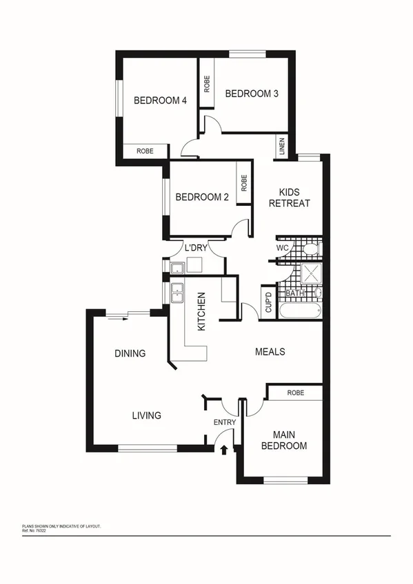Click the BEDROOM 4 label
tap(160, 101)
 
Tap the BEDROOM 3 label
tap(251, 94)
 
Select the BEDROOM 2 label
tap(201, 197)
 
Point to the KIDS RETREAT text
tap(289, 198)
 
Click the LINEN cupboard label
tap(281, 147)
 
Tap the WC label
tap(282, 247)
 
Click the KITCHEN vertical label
tap(202, 312)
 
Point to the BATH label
tap(295, 294)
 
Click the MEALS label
tap(270, 351)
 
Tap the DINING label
tap(130, 354)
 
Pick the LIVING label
tap(146, 415)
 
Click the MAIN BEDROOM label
tap(290, 440)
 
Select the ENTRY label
tap(225, 422)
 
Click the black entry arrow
tap(224, 450)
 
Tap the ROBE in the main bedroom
tap(295, 393)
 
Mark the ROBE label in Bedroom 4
tap(144, 151)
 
